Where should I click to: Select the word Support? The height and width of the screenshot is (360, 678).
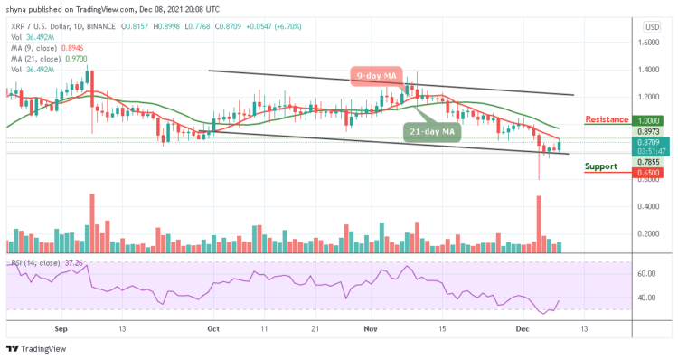click(x=602, y=166)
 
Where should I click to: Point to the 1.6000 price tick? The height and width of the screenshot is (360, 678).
click(x=649, y=42)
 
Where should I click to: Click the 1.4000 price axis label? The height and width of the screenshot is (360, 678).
click(x=649, y=69)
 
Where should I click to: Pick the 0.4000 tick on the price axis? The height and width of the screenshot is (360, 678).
click(x=649, y=206)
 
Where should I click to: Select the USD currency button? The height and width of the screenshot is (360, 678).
click(x=649, y=26)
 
